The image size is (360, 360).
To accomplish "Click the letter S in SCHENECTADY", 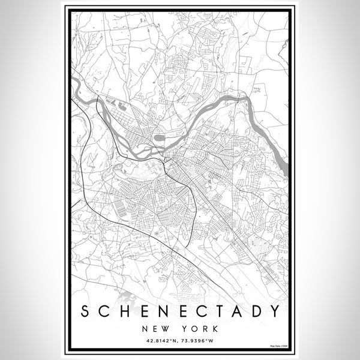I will [86, 311].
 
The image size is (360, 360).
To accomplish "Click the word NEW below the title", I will [157, 329].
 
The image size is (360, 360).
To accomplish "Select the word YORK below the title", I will [200, 329].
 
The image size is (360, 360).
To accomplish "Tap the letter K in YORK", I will [214, 329].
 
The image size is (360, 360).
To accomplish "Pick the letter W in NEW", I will [167, 329].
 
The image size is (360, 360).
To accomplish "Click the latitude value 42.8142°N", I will [158, 341].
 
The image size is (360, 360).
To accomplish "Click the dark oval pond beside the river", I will [160, 138].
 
